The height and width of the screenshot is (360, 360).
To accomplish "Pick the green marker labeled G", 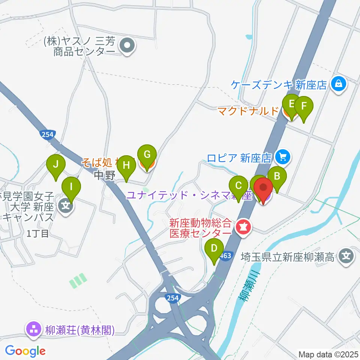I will [x=147, y=154].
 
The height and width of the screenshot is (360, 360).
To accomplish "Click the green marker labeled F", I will [x=304, y=106].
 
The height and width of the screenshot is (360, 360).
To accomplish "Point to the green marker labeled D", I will [x=214, y=248].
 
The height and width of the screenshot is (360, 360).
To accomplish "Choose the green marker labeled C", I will [x=238, y=186].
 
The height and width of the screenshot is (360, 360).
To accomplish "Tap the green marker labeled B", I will [x=277, y=176].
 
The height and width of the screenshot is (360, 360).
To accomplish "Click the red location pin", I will [x=263, y=187].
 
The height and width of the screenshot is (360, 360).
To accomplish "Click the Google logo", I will [x=25, y=351].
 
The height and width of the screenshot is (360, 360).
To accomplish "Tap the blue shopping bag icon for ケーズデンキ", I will [x=339, y=84].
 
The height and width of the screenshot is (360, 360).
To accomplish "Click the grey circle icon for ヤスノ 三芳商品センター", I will [x=127, y=46].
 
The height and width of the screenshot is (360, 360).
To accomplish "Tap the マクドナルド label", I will [x=249, y=111].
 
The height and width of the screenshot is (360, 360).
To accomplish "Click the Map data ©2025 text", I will [x=328, y=354].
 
